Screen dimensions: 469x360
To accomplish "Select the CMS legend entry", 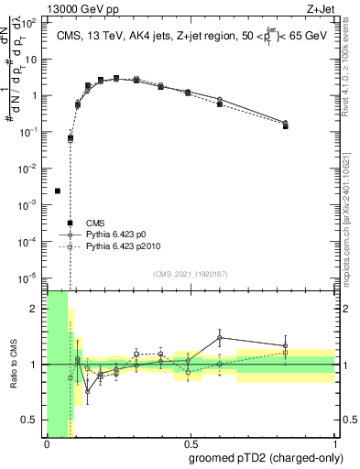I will click(x=95, y=223).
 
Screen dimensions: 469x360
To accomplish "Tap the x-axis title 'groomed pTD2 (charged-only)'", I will click(x=266, y=458).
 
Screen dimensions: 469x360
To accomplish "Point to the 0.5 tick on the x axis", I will click(x=191, y=443).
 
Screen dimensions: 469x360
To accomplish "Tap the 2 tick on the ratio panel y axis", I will click(x=38, y=309).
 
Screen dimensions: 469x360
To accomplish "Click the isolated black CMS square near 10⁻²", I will click(x=58, y=191).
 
